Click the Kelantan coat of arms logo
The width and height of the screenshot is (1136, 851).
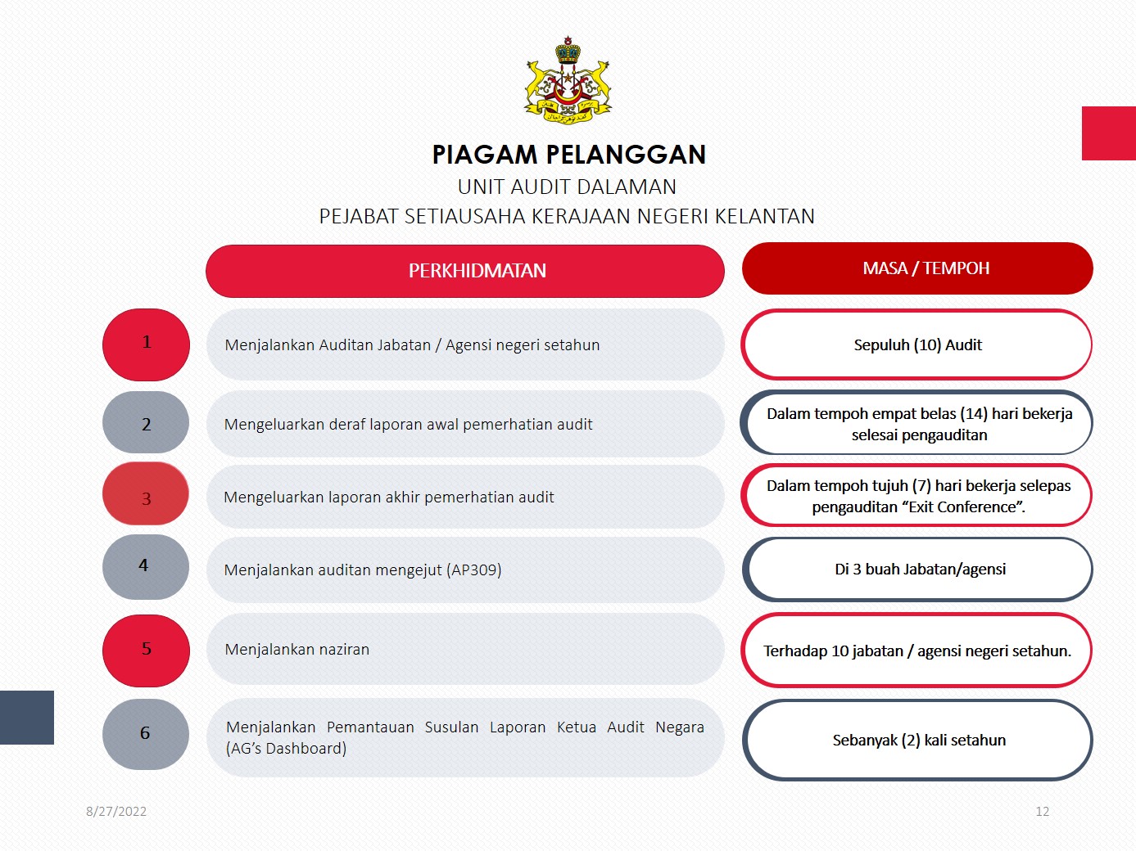coord(568,80)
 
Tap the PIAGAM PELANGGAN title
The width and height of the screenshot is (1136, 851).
coord(568,155)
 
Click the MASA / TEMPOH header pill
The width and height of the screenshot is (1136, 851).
coord(917,268)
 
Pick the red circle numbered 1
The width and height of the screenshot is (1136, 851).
coord(146,344)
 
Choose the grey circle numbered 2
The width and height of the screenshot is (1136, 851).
coord(146,422)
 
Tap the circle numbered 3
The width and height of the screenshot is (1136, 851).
coord(146,493)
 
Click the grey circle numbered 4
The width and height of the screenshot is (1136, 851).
coord(146,566)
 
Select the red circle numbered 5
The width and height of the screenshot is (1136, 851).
coord(146,651)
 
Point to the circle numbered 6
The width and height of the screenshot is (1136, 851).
coord(146,734)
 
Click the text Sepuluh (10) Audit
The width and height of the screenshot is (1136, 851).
coord(917,344)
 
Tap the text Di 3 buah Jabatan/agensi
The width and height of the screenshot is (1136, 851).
coord(921,570)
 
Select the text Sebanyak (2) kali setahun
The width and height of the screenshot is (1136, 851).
coord(919,741)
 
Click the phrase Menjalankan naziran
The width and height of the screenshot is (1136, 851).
coord(297,650)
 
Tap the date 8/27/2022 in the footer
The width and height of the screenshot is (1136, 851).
coord(116,811)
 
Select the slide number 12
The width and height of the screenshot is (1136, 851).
coord(1043,811)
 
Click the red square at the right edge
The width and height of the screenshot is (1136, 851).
coord(1109,133)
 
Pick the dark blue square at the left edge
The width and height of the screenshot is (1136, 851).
coord(27,718)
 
